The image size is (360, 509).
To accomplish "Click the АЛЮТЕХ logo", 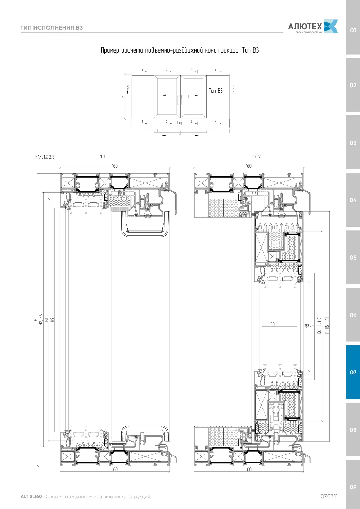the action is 313,27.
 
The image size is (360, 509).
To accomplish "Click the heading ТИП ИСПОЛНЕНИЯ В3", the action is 51,28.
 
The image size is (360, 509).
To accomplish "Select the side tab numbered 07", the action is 353,372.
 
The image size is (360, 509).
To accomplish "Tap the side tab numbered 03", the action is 353,143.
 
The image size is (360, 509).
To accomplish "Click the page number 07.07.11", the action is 329,496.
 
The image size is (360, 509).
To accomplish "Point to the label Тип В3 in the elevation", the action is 216,91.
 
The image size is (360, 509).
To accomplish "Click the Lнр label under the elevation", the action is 180,123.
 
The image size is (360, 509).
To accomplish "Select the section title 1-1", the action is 103,156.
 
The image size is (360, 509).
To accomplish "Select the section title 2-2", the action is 257,156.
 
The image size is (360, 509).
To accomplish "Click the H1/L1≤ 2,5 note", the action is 45,157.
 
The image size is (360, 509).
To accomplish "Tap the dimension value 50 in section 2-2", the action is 273,324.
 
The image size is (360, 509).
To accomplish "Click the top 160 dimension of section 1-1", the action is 114,166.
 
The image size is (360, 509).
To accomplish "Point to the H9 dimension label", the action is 53,320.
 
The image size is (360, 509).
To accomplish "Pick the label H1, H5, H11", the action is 327,326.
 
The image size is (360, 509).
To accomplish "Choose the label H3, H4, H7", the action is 319,326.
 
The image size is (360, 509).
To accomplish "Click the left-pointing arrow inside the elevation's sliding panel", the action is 167,95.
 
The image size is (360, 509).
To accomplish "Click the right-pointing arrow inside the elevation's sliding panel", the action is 194,95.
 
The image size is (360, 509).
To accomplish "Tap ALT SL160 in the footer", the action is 31,496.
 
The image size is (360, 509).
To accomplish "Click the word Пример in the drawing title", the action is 110,50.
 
